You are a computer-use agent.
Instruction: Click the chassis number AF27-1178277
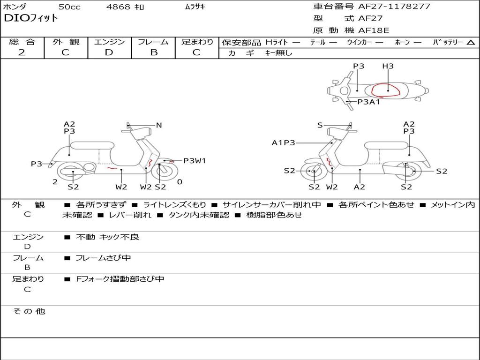[x=388, y=7]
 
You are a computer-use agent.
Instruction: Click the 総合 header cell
[x=22, y=42]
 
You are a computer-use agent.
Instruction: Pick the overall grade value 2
[x=22, y=52]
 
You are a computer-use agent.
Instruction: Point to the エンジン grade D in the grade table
[x=109, y=52]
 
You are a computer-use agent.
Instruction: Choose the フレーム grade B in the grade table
[x=154, y=52]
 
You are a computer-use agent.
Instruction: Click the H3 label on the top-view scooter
[x=388, y=66]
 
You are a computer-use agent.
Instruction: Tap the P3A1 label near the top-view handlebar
[x=369, y=102]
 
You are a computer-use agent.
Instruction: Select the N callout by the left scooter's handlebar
[x=159, y=125]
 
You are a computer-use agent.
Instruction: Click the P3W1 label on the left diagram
[x=195, y=161]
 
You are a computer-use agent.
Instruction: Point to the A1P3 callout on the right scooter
[x=284, y=143]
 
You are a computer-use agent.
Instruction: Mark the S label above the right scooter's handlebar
[x=320, y=125]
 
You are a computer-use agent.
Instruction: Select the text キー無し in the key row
[x=278, y=53]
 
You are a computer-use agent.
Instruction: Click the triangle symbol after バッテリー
[x=471, y=43]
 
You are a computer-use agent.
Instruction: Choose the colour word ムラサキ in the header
[x=195, y=7]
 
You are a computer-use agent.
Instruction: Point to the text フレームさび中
[x=103, y=258]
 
